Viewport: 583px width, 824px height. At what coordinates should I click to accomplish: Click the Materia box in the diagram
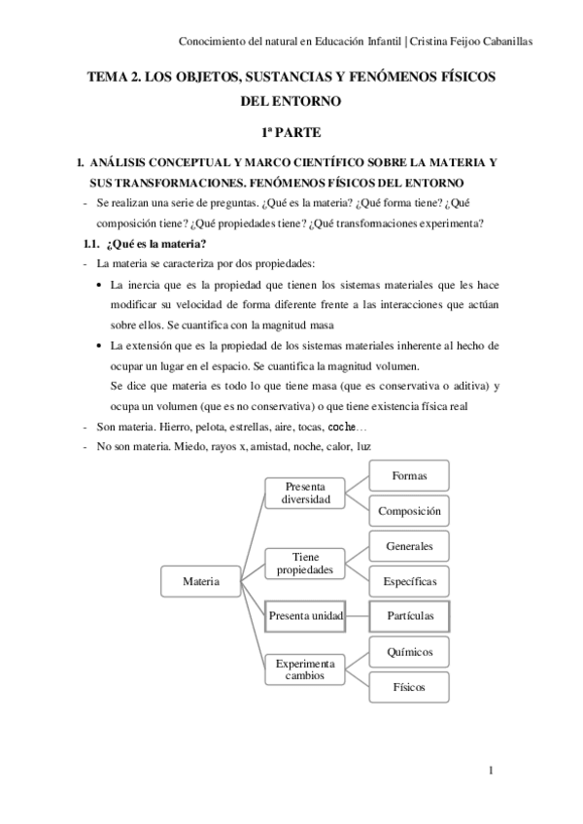200,581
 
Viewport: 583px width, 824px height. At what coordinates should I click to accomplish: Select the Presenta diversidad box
306,493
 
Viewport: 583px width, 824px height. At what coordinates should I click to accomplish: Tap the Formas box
410,475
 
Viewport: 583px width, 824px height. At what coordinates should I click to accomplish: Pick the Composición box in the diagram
410,510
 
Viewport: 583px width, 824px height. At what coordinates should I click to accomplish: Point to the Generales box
410,546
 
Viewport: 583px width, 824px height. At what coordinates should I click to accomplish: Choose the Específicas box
410,581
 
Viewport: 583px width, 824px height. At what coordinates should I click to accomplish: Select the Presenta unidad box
306,616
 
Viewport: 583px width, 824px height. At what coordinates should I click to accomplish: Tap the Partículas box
410,616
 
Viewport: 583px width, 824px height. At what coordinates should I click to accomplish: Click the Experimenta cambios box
306,669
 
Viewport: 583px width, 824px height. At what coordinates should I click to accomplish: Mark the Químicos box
410,651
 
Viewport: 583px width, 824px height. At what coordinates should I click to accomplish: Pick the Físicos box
410,687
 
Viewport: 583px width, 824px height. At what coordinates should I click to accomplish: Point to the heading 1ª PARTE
291,130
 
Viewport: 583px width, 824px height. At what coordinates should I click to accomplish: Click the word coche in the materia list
341,427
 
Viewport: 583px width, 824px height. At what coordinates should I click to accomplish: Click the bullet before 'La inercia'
103,285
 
